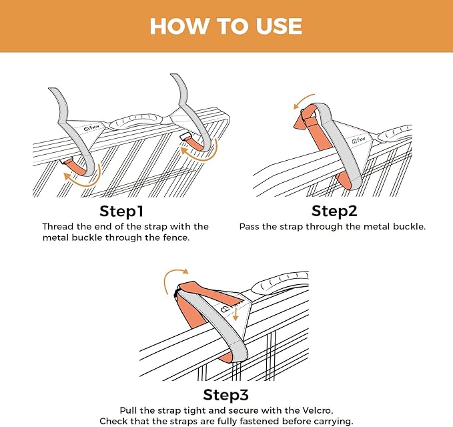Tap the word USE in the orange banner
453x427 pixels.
pyautogui.click(x=274, y=26)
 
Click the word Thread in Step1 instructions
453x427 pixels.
pyautogui.click(x=58, y=227)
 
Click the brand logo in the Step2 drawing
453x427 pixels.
pyautogui.click(x=362, y=139)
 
